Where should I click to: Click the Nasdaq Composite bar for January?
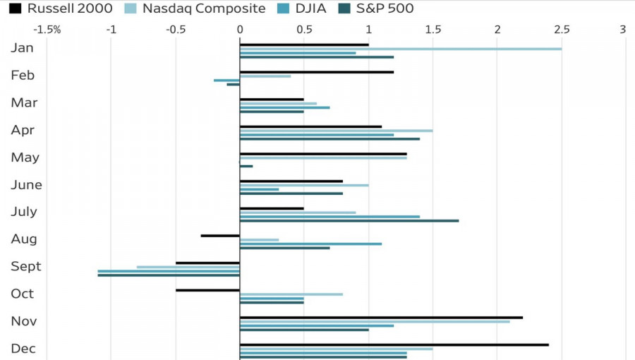(x=401, y=49)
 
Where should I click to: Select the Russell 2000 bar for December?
(x=394, y=345)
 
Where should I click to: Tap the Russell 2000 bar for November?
(x=381, y=318)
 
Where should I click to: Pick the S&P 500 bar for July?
(x=349, y=221)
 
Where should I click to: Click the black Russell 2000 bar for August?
(x=220, y=236)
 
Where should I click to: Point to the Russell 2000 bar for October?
(x=207, y=290)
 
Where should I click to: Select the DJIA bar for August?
(x=310, y=244)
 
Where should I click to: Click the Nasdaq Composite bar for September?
(x=188, y=268)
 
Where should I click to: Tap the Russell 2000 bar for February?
(x=317, y=72)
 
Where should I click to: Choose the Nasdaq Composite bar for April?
(x=336, y=131)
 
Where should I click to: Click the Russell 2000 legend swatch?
(x=15, y=8)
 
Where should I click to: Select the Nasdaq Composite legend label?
(x=204, y=8)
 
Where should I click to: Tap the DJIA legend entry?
(x=302, y=8)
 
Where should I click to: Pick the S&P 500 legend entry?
(x=376, y=8)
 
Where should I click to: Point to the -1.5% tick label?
(x=47, y=30)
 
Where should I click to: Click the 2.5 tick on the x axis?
(x=562, y=30)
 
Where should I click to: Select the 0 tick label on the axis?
(x=240, y=30)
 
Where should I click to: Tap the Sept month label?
(x=26, y=266)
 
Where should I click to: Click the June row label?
(x=26, y=185)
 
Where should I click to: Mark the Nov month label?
(x=24, y=321)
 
